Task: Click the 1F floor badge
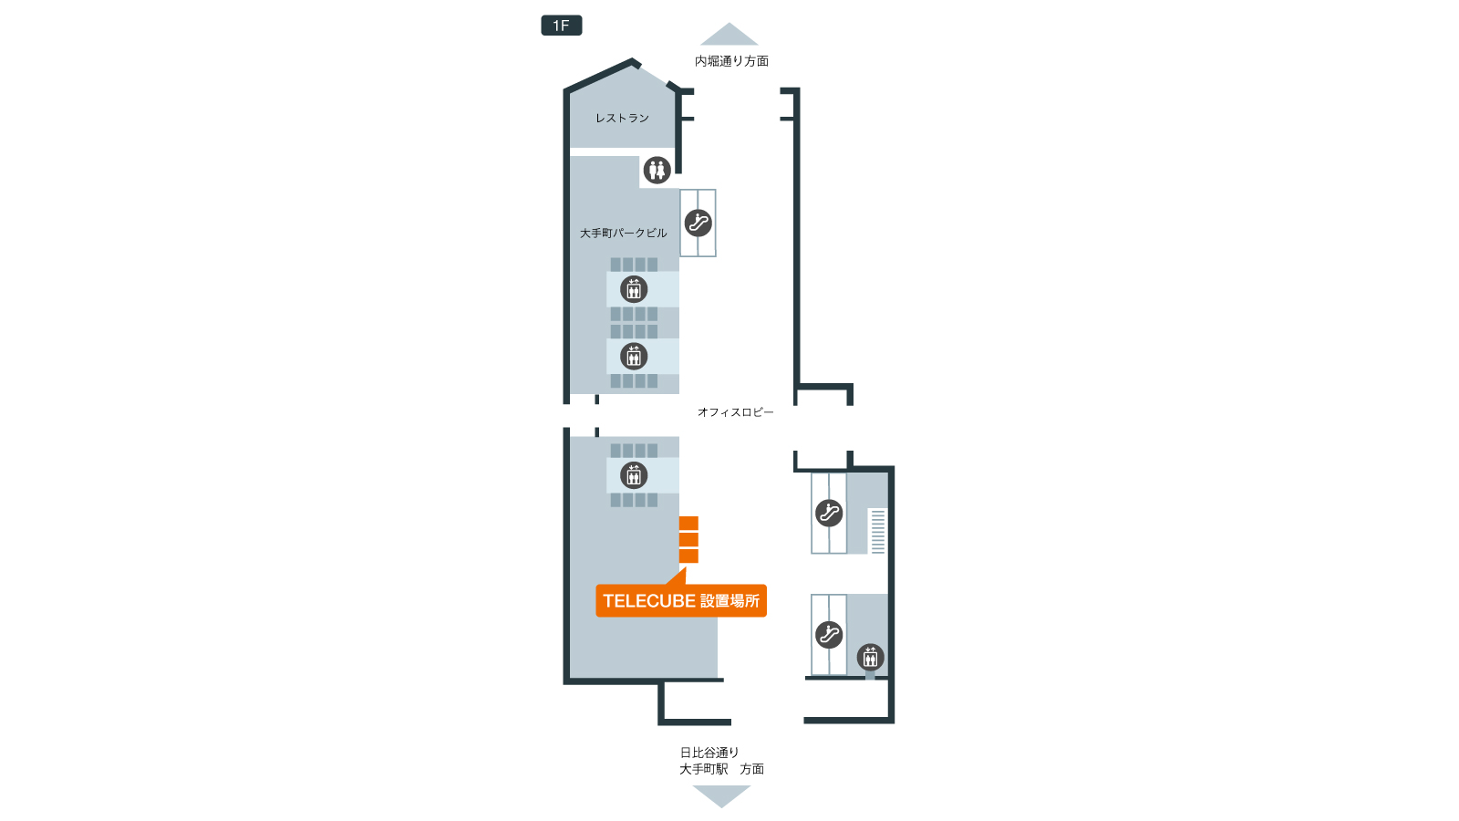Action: coord(561,26)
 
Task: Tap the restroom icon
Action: coord(657,170)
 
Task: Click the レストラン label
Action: coord(622,118)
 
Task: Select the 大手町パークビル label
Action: coord(624,233)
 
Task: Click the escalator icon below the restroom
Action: coord(698,223)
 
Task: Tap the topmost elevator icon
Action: coord(634,289)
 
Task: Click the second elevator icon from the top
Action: coord(634,357)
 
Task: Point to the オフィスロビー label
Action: coord(735,411)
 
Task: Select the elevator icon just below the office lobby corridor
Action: coord(634,475)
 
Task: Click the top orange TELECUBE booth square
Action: coord(688,524)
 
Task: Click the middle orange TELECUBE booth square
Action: coord(688,539)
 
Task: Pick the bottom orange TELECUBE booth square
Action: coord(688,556)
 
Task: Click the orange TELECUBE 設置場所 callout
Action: coord(681,600)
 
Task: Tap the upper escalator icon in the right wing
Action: coord(829,513)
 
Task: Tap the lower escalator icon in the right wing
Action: coord(829,634)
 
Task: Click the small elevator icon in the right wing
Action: coord(870,657)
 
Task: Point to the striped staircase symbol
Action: coord(877,531)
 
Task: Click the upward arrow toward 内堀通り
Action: coord(729,34)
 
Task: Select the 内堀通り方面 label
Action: coord(731,60)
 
